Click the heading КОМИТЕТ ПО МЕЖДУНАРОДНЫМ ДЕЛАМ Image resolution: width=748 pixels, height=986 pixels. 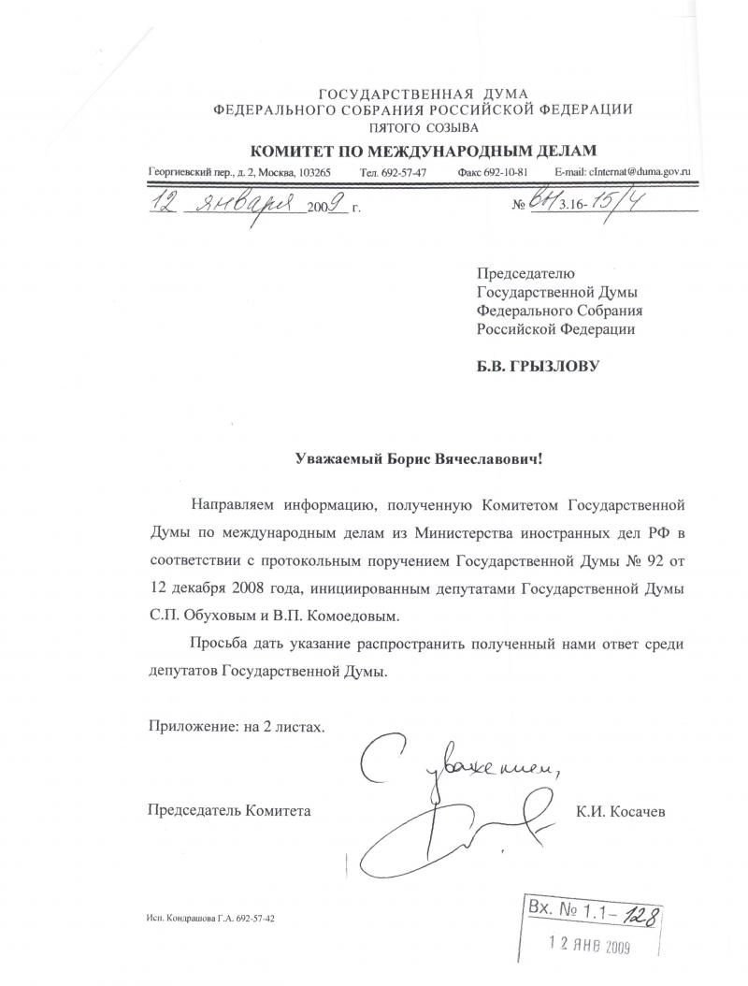(x=422, y=152)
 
